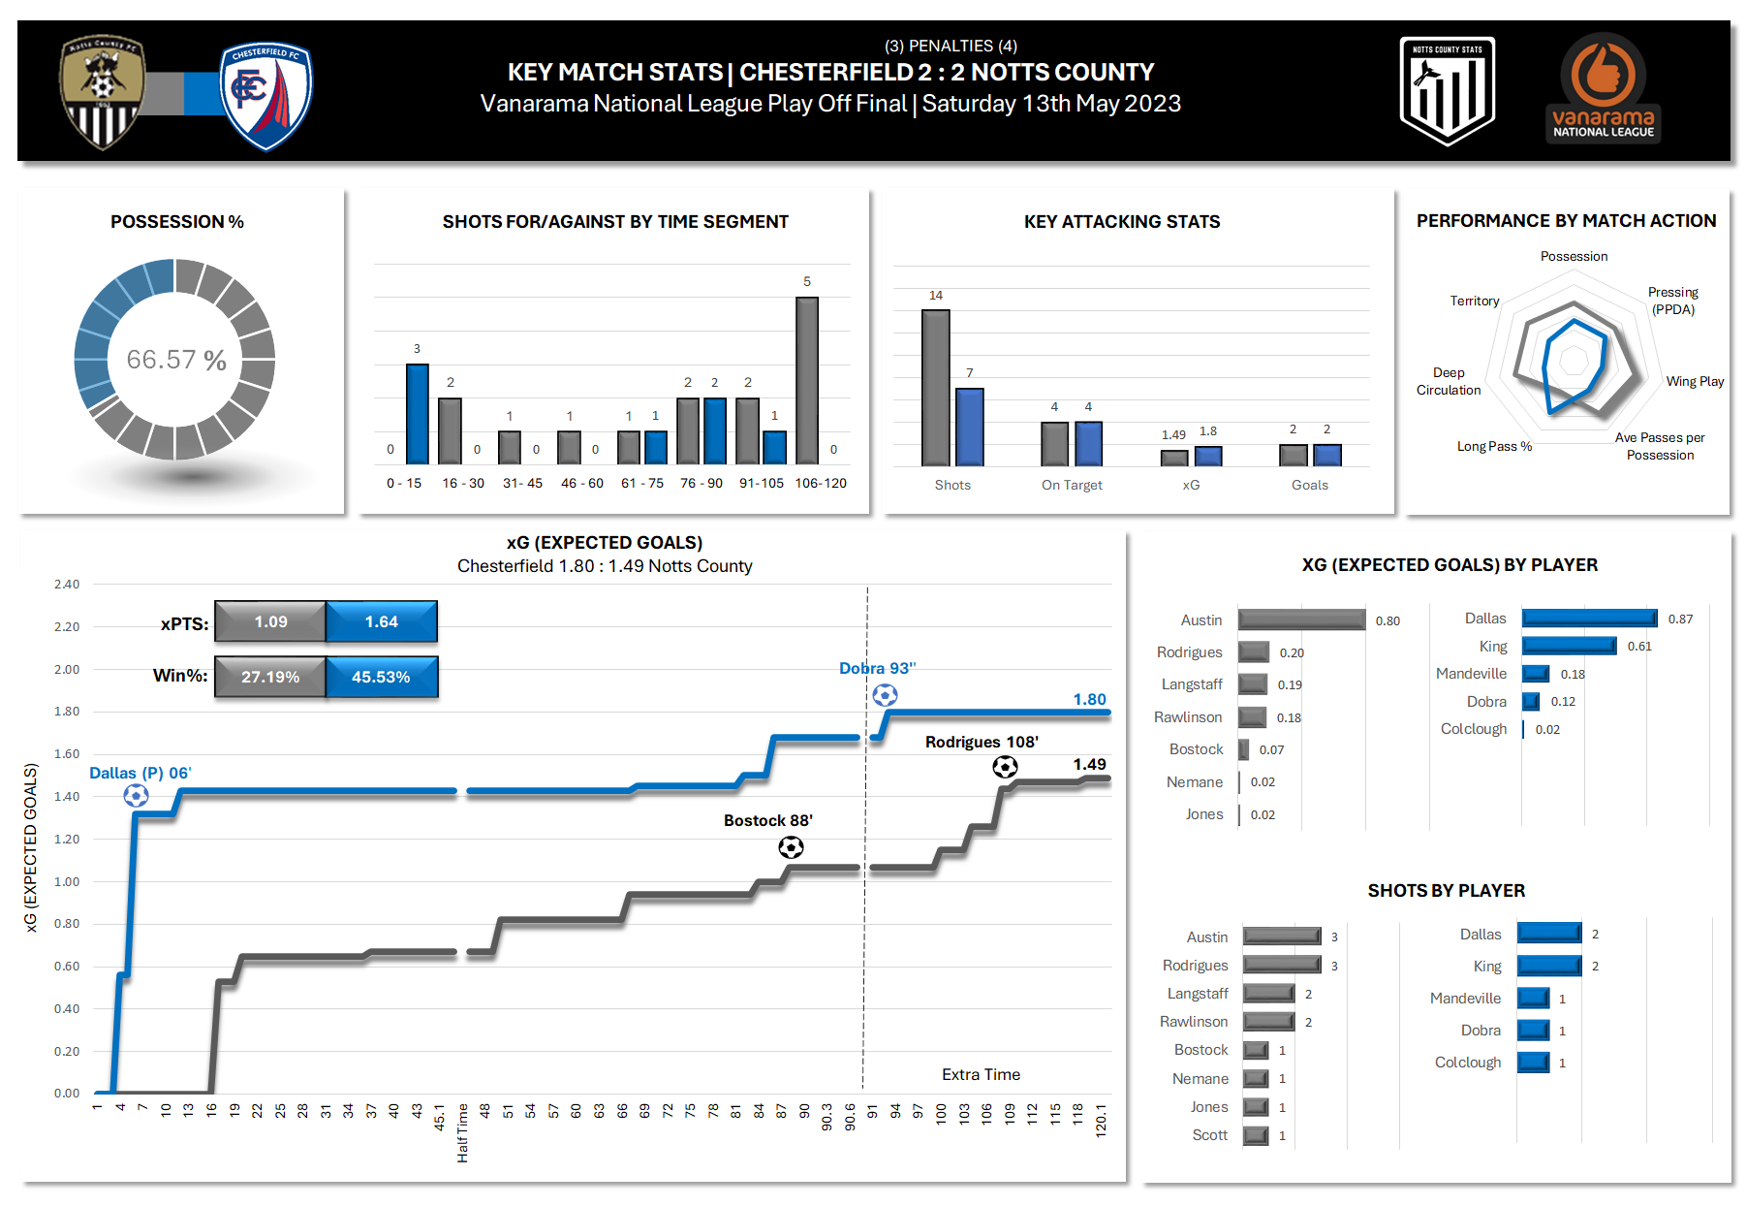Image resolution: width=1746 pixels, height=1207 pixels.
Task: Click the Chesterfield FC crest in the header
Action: click(265, 95)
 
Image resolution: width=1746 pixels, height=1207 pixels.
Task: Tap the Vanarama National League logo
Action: click(1604, 89)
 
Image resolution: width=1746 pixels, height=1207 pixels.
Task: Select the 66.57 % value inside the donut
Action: click(176, 360)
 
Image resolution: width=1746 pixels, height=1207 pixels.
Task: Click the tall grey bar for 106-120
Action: click(806, 380)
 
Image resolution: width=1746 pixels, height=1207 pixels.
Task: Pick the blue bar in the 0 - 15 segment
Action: click(417, 414)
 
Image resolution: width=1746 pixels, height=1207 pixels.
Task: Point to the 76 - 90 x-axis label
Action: click(702, 483)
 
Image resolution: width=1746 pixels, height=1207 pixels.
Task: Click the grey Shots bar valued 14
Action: click(935, 388)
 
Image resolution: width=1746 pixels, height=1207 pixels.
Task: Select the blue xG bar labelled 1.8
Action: click(1208, 456)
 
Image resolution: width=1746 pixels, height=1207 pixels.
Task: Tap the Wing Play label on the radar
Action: click(1695, 381)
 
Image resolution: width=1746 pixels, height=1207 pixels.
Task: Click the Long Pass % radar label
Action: click(1494, 446)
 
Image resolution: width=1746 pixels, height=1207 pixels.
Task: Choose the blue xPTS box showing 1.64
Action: click(382, 621)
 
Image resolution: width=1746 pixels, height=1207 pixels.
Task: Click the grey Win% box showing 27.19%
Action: click(270, 677)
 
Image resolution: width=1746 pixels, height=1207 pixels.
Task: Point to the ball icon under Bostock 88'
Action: click(791, 847)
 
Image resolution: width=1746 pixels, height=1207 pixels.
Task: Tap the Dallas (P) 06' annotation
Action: click(140, 773)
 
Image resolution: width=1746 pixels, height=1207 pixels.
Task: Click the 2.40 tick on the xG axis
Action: click(67, 585)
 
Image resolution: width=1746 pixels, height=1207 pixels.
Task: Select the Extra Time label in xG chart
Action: click(981, 1074)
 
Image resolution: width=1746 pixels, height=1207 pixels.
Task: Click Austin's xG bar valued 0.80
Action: click(1301, 619)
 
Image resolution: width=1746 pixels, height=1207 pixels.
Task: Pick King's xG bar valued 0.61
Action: click(1569, 646)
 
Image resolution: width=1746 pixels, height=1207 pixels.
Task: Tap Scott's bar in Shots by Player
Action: click(1256, 1135)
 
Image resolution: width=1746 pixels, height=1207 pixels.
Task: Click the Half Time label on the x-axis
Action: click(462, 1132)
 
